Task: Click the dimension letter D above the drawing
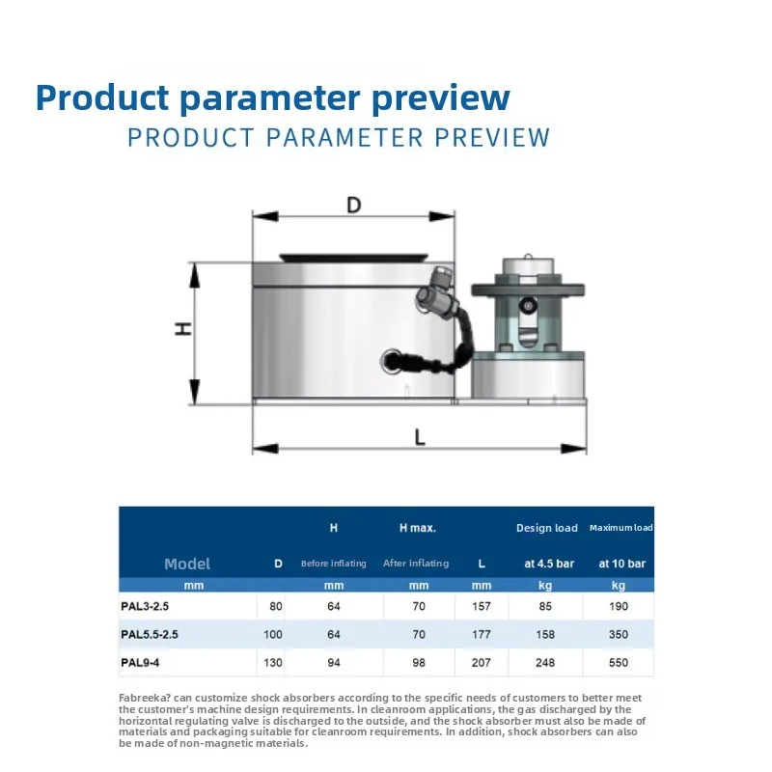click(353, 205)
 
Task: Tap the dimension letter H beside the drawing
click(183, 329)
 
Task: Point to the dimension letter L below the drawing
click(420, 437)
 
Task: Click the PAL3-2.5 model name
click(145, 606)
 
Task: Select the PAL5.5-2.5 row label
click(150, 634)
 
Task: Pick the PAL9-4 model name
click(140, 662)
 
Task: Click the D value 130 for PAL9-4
click(273, 662)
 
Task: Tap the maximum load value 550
click(619, 662)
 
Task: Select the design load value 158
click(545, 634)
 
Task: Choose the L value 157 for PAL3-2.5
click(481, 606)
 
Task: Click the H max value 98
click(419, 662)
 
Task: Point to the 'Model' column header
click(187, 564)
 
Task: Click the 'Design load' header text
click(546, 528)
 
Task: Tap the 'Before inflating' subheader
click(333, 564)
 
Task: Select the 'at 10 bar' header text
click(621, 564)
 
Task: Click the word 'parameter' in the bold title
click(270, 98)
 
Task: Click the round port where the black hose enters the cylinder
click(393, 360)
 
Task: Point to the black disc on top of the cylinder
click(354, 258)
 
